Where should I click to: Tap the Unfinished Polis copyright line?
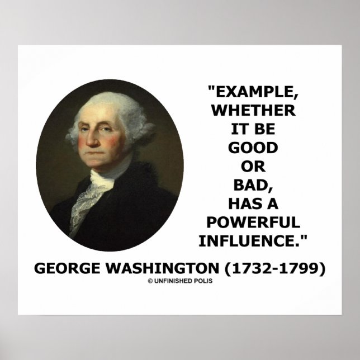click(x=180, y=281)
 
